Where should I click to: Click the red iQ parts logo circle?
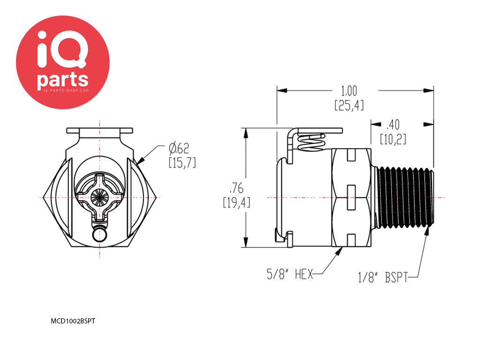point(63,62)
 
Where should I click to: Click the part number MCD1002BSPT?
point(73,321)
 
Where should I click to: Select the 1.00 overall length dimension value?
point(349,91)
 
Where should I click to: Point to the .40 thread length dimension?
point(393,125)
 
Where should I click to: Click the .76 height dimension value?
point(237,188)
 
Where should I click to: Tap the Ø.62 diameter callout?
point(179,149)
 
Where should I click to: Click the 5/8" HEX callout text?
point(290,274)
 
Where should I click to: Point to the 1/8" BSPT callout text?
point(383,277)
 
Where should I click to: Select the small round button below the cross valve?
point(99,235)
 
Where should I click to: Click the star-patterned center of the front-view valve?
point(99,197)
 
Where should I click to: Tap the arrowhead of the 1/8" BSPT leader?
point(427,232)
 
